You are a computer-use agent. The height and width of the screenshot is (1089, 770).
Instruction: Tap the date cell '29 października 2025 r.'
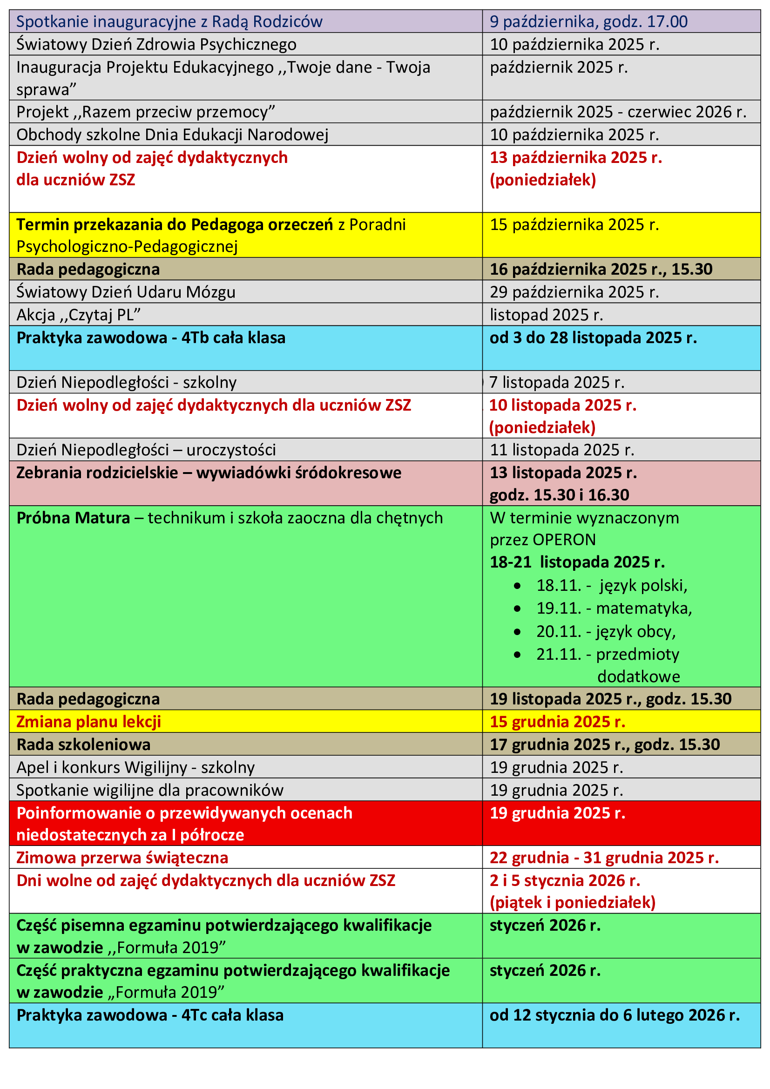point(574,292)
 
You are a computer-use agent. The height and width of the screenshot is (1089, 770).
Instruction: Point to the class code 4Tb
point(195,338)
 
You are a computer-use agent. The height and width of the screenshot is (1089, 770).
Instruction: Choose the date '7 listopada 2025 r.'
point(557,382)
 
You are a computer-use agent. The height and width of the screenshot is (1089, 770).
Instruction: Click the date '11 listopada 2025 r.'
point(562,450)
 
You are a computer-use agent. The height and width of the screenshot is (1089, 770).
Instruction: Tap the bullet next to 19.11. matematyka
point(517,609)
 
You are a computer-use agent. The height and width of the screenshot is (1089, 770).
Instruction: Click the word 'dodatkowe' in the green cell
point(638,676)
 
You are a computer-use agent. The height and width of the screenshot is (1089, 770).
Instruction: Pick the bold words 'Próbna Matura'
point(73,518)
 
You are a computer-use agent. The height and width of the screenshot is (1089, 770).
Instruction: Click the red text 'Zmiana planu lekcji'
point(88,722)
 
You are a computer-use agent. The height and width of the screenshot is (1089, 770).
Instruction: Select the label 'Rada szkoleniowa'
point(83,744)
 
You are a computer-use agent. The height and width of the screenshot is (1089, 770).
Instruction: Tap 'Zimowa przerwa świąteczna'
point(122,858)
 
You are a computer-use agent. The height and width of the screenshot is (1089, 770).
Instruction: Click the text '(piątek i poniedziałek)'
point(572,902)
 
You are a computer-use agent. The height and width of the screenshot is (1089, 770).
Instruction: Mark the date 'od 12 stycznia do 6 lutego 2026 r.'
point(615,1015)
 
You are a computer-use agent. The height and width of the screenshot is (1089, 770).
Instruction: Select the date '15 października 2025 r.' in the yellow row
point(574,225)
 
